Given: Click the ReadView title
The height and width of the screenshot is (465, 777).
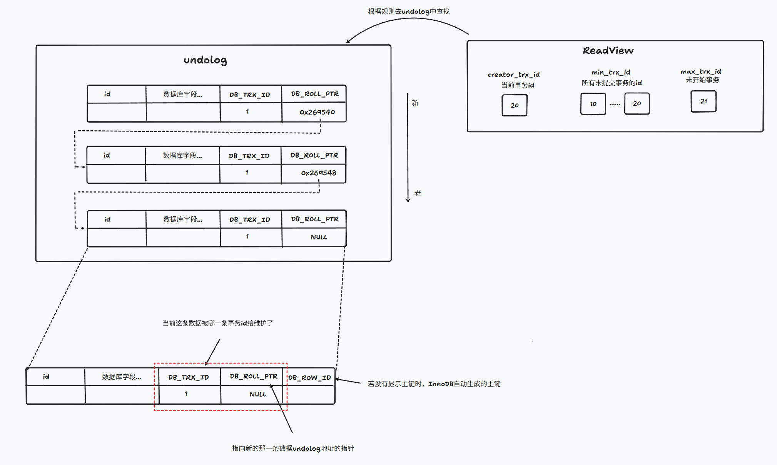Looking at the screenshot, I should pos(608,51).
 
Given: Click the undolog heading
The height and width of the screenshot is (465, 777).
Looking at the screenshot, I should pos(205,60).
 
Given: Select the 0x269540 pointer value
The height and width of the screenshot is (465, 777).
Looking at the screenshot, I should pos(317,112).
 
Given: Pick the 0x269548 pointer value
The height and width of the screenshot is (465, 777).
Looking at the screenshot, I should pos(318,173).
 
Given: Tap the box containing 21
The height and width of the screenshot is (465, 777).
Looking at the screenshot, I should pos(703,101).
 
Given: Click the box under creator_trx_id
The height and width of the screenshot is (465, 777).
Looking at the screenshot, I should pos(515,105).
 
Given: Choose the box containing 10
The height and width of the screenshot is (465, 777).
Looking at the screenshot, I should pos(593,104).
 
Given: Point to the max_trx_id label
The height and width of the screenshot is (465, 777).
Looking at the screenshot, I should pos(701,71).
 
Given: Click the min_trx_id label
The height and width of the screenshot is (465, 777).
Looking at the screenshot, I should pos(611,72).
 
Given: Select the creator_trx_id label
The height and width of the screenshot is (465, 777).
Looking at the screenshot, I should pos(513,75).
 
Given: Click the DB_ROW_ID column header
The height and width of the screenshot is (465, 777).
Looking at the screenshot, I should pos(309,378).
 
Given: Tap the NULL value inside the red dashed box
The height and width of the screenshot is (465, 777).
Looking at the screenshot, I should pos(257,394).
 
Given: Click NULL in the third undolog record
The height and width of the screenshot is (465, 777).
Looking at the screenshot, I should pos(319,237).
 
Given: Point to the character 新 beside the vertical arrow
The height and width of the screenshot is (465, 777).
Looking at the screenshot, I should pos(415,103).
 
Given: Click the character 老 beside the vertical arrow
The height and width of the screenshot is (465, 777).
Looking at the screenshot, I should pos(418,193).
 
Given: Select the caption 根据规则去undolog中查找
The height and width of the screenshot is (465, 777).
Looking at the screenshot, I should pos(408,12).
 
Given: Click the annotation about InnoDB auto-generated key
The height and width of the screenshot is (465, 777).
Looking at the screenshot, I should pos(434,384).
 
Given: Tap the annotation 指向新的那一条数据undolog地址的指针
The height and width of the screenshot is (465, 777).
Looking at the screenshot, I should pos(292,448).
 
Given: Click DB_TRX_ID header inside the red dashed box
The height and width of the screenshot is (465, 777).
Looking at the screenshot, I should pos(188,377).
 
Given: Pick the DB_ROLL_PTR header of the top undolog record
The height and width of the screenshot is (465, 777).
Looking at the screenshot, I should pos(315,94).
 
